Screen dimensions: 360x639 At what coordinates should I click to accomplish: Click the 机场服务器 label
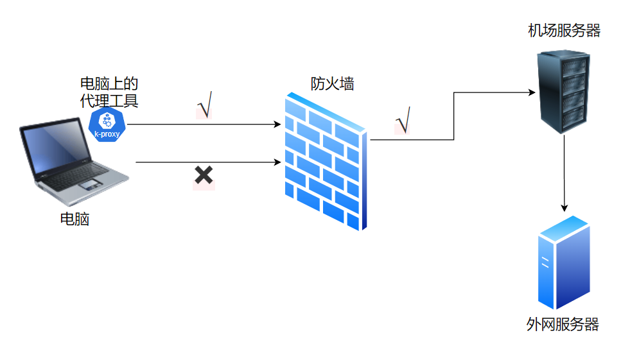564,30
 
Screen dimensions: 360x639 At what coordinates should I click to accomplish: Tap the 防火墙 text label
332,83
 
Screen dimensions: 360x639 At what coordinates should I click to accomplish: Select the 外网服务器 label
563,325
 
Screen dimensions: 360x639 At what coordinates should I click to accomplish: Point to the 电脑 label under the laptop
74,219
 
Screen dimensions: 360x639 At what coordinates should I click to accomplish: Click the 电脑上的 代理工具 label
109,92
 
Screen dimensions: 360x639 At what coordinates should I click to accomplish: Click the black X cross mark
204,175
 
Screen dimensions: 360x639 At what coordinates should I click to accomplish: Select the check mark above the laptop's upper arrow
205,106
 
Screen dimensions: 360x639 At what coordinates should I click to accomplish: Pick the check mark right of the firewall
403,121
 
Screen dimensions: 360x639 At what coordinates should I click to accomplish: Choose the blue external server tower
563,263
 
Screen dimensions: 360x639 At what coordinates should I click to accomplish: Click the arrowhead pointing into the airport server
532,93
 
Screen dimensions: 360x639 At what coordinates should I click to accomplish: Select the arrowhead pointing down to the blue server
565,208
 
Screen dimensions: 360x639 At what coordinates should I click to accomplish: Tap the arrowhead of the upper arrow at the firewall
278,124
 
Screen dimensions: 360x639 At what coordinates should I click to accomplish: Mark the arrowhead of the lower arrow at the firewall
278,162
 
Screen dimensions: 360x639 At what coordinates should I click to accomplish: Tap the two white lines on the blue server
545,262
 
